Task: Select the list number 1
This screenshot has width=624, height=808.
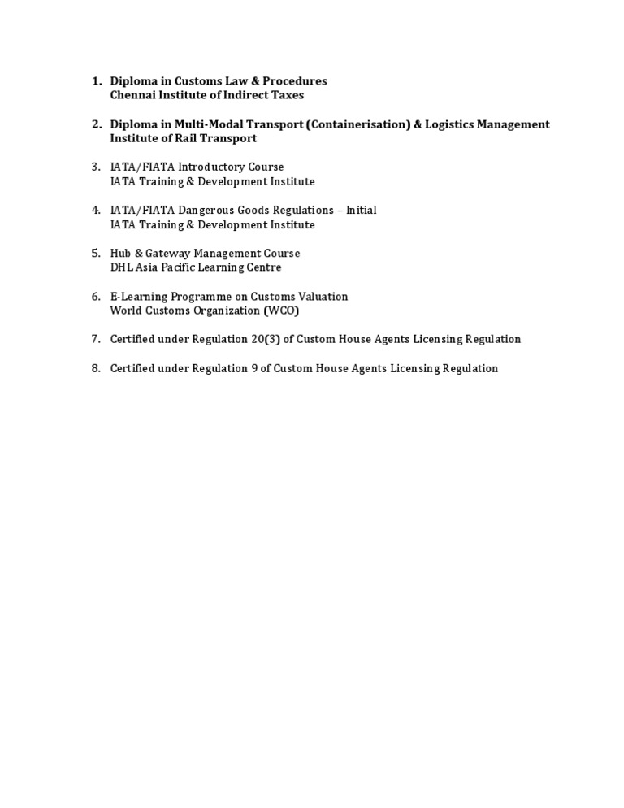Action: [x=96, y=81]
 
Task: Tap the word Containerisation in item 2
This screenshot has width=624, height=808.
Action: [x=357, y=124]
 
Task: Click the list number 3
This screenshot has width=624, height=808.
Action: [x=96, y=167]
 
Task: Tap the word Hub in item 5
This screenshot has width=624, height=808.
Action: [x=121, y=254]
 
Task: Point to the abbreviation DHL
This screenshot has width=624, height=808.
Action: [x=121, y=267]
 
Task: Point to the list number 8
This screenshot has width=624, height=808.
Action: [x=96, y=368]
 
